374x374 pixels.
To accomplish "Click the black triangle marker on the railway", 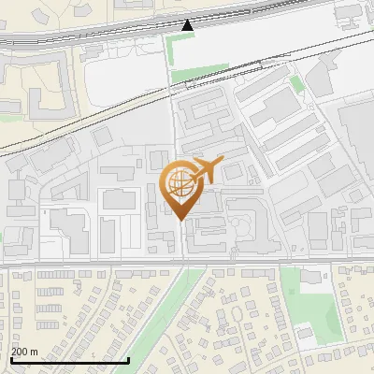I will [x=189, y=24].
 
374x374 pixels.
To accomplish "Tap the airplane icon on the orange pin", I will [x=205, y=171].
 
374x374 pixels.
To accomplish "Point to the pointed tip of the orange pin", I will [x=180, y=220].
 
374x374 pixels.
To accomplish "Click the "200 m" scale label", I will [x=24, y=352].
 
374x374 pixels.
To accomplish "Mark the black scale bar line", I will [x=69, y=360].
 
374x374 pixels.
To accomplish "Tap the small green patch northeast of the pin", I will [x=296, y=84].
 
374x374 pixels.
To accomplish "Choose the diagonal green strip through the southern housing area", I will [x=192, y=309].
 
